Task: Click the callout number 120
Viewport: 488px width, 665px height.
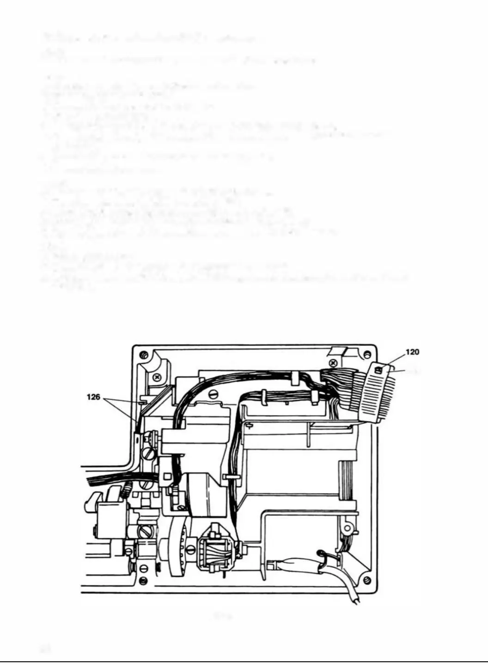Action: pos(412,352)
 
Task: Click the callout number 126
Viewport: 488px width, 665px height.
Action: pos(93,397)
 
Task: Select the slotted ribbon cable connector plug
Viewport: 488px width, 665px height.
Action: pos(377,393)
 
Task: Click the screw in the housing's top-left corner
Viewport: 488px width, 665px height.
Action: pos(144,355)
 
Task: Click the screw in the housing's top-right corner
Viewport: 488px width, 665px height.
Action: pos(367,355)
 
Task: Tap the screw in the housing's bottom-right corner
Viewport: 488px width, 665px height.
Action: pos(367,580)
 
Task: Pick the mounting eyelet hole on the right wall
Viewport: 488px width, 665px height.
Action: pos(348,526)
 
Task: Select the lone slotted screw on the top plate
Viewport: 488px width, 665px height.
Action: pos(213,394)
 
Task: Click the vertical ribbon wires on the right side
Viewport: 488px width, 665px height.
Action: pos(347,480)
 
